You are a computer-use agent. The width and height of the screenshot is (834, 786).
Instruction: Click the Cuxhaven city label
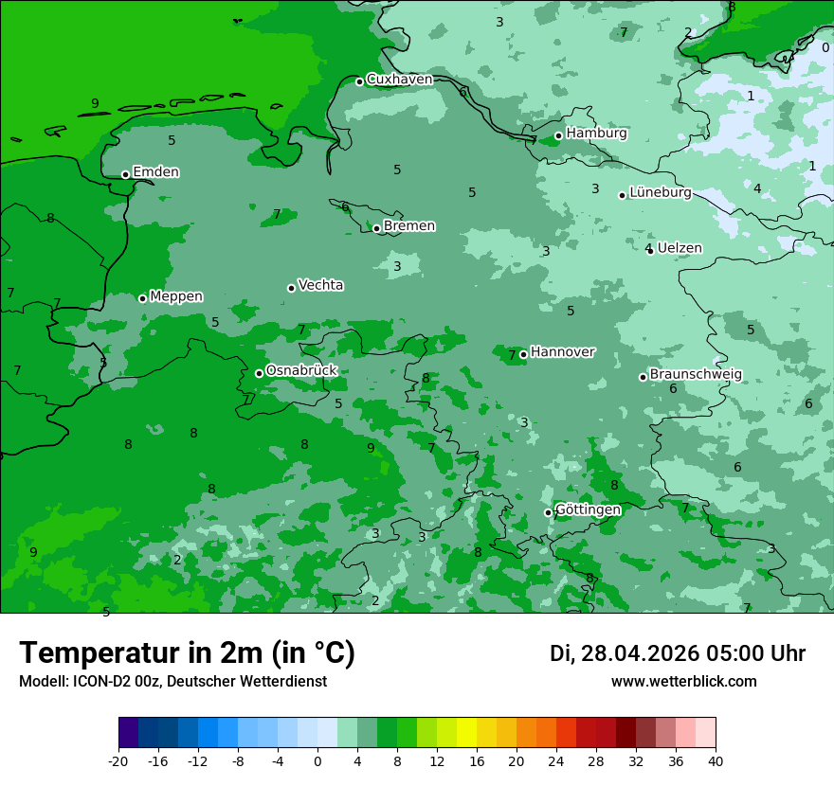point(399,80)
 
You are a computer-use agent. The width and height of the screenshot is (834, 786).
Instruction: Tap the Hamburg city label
point(596,134)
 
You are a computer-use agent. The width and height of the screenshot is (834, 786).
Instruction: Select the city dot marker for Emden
point(125,174)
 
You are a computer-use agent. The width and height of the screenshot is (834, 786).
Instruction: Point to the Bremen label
point(409,226)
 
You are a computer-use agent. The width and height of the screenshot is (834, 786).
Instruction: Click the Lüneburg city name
point(661,192)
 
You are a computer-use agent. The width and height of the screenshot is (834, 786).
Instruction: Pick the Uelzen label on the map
point(680,248)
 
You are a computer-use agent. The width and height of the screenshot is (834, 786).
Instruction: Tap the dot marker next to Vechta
point(291,288)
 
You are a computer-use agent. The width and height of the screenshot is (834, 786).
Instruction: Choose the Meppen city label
point(176,296)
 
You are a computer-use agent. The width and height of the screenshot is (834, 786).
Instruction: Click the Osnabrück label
point(301,370)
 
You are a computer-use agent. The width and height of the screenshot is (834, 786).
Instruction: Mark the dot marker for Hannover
point(523,354)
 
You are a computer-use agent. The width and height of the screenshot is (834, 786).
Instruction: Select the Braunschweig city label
point(696,374)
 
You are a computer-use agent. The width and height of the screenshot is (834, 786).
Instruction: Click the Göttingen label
point(588,509)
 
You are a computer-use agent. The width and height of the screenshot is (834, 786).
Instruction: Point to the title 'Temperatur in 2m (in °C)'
point(187,653)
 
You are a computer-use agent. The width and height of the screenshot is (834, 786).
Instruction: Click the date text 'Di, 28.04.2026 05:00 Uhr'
point(678,653)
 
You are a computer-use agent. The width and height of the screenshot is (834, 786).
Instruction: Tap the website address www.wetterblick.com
point(683,681)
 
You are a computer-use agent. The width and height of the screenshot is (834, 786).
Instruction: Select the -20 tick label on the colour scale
point(118,760)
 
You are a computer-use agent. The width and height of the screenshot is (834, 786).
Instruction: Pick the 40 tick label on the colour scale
point(715,760)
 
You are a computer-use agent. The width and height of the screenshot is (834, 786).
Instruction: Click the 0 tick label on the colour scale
point(317,760)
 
